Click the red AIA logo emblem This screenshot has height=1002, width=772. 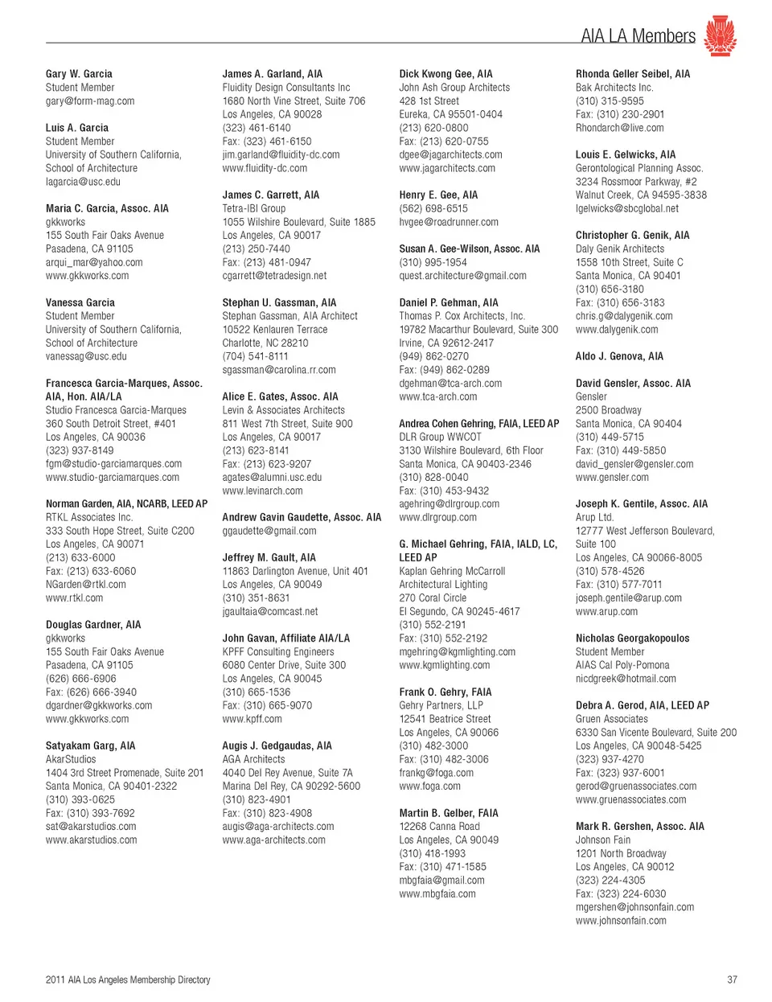pos(720,35)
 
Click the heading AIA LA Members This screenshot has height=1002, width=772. pos(638,36)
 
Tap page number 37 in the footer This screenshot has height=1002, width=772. pos(732,979)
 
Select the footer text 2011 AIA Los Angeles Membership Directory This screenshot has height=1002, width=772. pos(128,979)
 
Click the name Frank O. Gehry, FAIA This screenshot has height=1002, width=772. pos(445,692)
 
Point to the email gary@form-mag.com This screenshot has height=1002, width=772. pos(90,101)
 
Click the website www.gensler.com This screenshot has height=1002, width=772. pos(612,477)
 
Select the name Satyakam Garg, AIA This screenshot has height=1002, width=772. pos(90,745)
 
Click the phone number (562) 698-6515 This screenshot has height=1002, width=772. pos(433,208)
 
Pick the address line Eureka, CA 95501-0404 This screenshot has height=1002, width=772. pos(450,114)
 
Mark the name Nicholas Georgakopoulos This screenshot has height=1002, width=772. pos(632,639)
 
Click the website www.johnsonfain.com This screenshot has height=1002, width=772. pos(621,920)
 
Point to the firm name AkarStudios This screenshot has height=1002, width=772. pos(71,759)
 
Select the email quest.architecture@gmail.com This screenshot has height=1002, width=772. pos(462,276)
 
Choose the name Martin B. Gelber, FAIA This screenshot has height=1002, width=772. pos(449,813)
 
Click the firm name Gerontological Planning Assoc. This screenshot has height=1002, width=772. pos(639,168)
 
